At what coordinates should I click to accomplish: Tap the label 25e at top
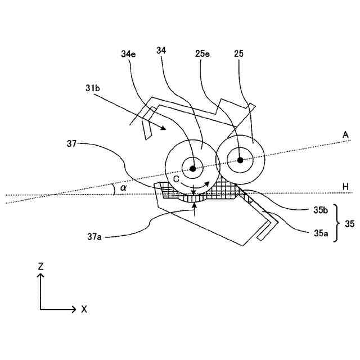pos(204,54)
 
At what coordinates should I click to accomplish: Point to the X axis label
pos(84,309)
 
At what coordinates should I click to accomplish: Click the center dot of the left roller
pos(192,168)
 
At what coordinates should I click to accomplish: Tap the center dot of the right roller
pos(240,160)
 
